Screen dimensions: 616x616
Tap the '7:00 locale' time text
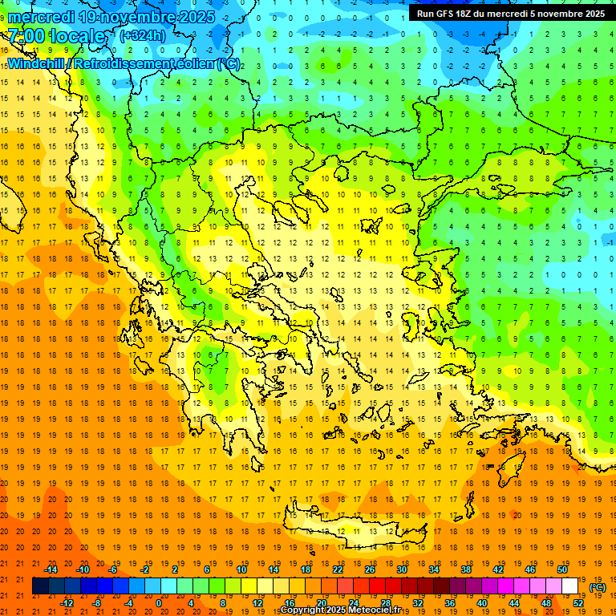coord(56,36)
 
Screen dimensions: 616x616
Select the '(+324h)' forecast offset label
coord(142,36)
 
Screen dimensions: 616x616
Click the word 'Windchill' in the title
coord(34,63)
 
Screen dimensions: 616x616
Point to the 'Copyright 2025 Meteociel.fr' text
coord(340,610)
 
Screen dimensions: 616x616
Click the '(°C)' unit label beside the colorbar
coord(598,586)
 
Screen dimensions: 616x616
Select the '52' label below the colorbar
coord(578,603)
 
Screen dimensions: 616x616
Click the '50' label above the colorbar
coord(561,569)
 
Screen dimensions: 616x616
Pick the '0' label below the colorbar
coord(159,603)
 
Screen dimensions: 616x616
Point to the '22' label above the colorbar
coord(338,569)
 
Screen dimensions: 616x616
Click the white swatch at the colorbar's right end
coord(570,586)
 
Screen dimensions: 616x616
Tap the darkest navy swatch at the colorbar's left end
coord(41,586)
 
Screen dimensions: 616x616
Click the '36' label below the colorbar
coord(450,603)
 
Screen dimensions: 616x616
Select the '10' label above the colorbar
coord(241,569)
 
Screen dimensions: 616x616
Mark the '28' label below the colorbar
coord(386,603)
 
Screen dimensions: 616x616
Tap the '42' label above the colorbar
coord(497,569)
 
